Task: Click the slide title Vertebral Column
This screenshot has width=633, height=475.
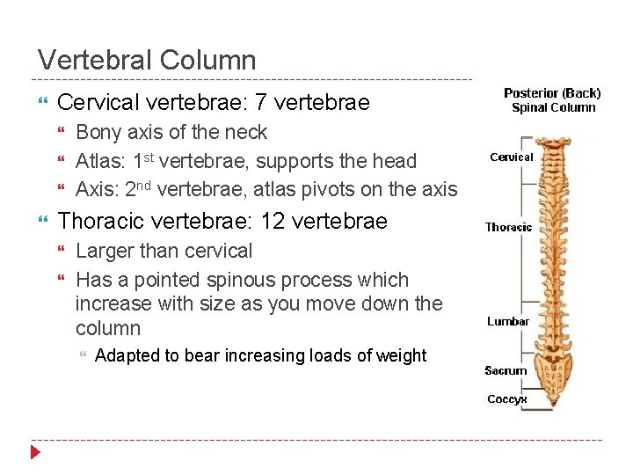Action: click(147, 61)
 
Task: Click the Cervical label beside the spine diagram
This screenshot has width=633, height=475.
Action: click(511, 157)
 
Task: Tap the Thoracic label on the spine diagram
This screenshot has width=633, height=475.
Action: click(508, 227)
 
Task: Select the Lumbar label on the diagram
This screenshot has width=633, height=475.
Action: click(507, 321)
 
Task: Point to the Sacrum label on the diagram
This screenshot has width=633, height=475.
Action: click(506, 370)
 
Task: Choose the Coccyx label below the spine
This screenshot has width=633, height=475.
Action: click(506, 398)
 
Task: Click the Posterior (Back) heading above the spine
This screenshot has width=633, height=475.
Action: click(552, 93)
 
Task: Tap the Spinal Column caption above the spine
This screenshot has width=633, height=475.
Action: click(554, 107)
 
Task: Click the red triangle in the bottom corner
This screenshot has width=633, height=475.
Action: click(35, 453)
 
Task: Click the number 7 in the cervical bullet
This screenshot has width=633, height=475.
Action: click(260, 103)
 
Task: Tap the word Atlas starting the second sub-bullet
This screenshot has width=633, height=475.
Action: click(98, 161)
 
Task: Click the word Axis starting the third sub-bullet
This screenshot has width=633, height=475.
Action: click(95, 188)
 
